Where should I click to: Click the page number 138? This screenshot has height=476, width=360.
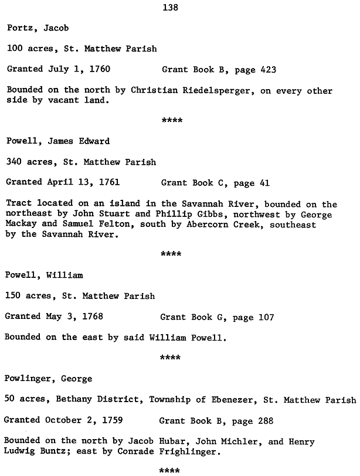point(170,8)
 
